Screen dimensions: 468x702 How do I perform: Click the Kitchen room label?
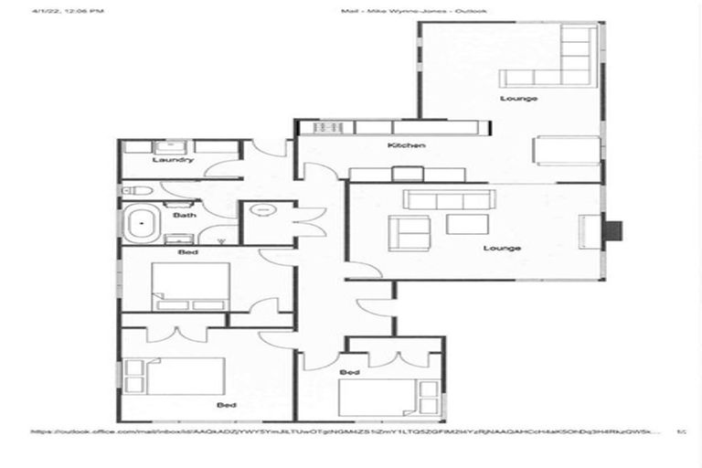[x=406, y=146]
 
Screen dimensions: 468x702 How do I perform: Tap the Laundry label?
[x=172, y=160]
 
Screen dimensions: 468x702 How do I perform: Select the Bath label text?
[x=185, y=216]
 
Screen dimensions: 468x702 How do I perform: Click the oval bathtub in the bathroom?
[x=143, y=224]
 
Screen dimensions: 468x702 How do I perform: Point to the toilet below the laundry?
[x=136, y=190]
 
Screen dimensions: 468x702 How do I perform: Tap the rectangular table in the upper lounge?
[x=567, y=150]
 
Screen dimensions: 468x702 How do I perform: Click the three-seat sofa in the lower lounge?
[x=449, y=200]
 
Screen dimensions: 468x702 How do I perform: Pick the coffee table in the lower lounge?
[x=467, y=224]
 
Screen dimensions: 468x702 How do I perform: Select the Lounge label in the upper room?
[x=517, y=98]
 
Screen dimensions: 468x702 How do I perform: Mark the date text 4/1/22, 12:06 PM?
[x=68, y=11]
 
